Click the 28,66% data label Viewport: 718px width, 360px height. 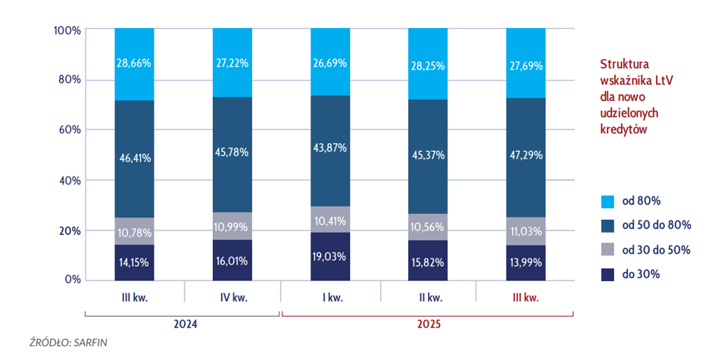pos(134,64)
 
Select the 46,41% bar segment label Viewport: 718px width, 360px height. pos(134,158)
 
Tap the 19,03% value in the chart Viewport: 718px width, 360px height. pos(330,256)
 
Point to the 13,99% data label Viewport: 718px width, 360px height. pos(526,261)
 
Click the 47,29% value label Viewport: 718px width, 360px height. pos(526,152)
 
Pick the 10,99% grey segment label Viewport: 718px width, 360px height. pos(233,227)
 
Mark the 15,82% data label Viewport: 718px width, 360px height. pos(427,261)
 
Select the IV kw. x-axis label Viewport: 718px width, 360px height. pos(233,297)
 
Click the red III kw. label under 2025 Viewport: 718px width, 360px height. pos(526,297)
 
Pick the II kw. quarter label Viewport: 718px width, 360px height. pos(427,297)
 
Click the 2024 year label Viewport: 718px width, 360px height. pos(183,324)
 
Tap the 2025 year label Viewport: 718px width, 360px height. pos(427,324)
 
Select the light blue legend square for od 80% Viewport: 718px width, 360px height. pos(607,202)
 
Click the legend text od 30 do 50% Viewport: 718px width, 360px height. pos(656,249)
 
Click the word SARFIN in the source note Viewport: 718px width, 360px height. pos(90,343)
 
